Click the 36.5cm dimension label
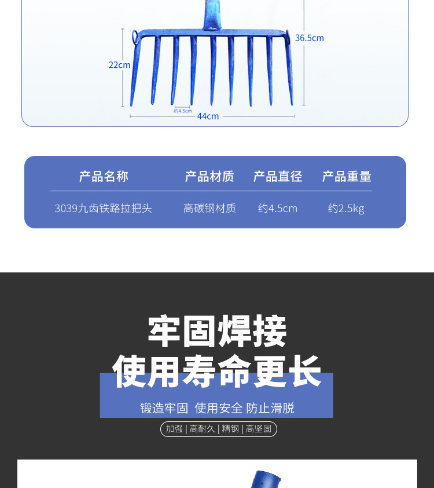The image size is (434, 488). pos(309,38)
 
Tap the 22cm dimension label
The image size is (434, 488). pos(119,65)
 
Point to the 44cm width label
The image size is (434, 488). pos(208,116)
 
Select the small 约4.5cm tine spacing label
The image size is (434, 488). pos(183,111)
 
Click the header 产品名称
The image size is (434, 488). pos(104,176)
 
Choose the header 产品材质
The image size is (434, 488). pos(209,176)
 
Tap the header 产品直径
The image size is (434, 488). pos(278,176)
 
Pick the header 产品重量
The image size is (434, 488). pos(347,176)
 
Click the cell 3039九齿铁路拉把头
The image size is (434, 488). pos(103,208)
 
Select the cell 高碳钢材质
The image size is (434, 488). pos(209,208)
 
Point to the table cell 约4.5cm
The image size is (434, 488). pos(278,208)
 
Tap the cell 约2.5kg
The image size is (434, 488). pos(346,208)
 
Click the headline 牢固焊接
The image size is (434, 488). pos(217,332)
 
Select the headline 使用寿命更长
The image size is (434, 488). pos(217,372)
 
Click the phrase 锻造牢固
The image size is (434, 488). pos(164,408)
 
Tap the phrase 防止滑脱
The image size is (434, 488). pos(270,408)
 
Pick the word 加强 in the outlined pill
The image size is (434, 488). pos(174,429)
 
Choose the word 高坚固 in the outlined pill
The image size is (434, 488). pos(259,429)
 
